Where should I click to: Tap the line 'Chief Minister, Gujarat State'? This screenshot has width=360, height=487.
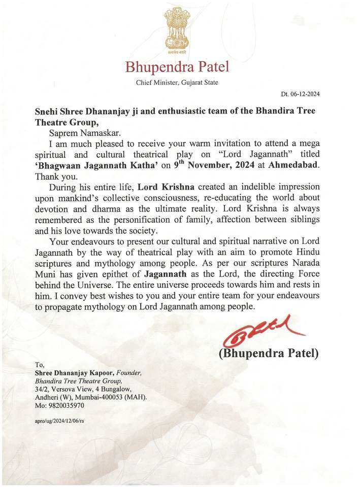pyautogui.click(x=178, y=83)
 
